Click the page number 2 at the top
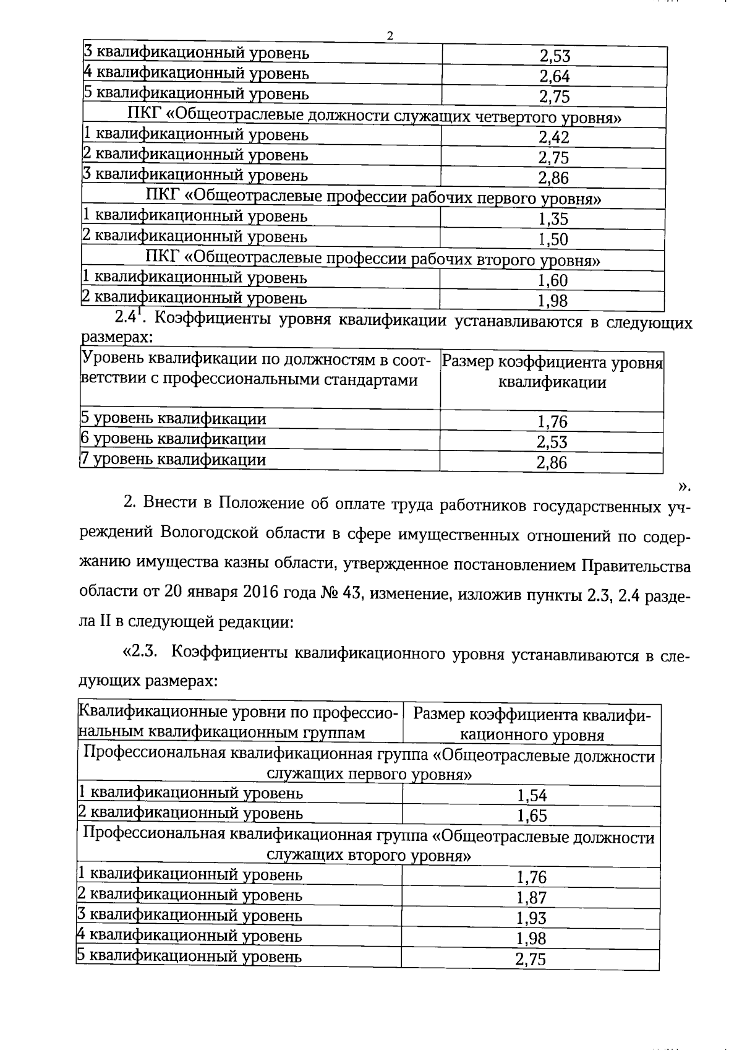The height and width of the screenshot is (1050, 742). (390, 36)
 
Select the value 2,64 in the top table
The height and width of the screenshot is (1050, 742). (554, 77)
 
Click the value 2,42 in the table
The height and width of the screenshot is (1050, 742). (553, 138)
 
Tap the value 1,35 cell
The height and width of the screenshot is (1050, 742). (553, 219)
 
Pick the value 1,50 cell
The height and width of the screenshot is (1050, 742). (553, 239)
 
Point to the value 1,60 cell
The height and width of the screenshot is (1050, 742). (552, 281)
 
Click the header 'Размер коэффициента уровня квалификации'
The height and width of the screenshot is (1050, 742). (552, 372)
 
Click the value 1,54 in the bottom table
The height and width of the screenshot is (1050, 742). (532, 796)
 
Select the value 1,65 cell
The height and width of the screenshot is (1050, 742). (532, 816)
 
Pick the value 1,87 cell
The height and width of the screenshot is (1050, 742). (531, 898)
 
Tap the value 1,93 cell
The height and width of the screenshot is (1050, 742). (531, 918)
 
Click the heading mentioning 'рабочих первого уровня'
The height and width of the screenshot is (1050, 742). (373, 198)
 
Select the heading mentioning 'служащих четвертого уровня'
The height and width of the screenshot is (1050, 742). (373, 117)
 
